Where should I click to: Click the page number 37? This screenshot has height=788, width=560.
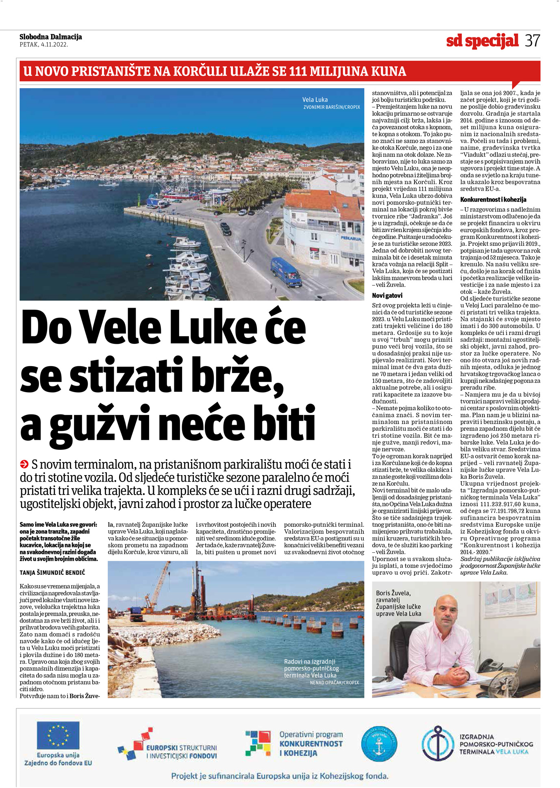coord(532,41)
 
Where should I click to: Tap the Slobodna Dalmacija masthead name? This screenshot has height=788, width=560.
coord(51,37)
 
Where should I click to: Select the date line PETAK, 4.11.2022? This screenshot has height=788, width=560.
coord(43,45)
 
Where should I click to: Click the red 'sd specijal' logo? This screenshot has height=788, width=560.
coord(482,41)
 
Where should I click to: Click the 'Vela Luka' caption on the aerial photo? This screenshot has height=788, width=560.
coord(315,100)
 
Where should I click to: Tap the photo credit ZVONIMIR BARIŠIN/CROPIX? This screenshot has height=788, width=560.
coord(332,107)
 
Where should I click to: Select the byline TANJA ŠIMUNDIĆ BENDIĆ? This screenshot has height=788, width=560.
coord(52,573)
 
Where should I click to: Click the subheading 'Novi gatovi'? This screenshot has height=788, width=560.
coord(387,295)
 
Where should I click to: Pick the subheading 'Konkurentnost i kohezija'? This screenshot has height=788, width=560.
coord(493,200)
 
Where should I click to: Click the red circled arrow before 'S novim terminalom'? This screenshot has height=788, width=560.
coord(24,464)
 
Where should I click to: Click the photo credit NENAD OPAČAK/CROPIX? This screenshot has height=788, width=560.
coord(334,683)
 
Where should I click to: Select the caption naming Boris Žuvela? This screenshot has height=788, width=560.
coord(398,603)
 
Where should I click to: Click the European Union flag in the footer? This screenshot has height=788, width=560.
coord(58,735)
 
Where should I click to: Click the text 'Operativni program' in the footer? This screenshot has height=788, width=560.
coord(311,734)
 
